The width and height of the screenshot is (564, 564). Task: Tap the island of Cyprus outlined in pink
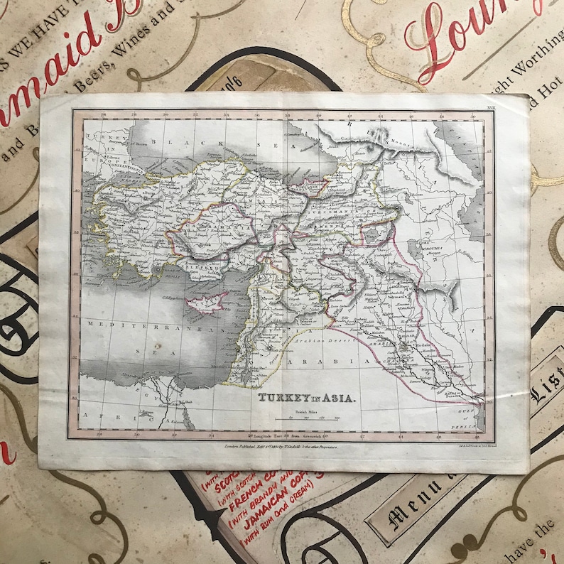206,303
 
